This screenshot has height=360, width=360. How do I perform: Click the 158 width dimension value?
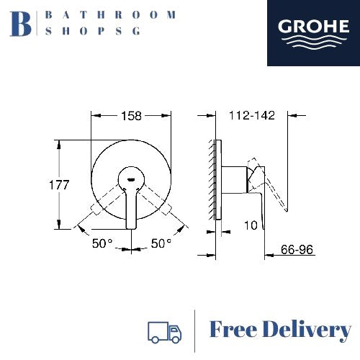tap(131, 116)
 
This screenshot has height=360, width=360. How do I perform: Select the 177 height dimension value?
tap(59, 185)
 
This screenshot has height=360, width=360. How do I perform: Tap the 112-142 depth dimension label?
tap(252, 115)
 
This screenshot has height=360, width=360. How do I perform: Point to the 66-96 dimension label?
tap(297, 250)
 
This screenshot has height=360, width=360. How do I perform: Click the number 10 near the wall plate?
tap(251, 225)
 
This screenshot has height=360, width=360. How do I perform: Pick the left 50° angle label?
tap(102, 243)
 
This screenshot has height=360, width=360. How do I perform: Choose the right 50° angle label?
tap(161, 243)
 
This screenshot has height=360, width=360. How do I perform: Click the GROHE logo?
tap(313, 33)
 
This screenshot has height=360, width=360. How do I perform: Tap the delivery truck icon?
tap(165, 332)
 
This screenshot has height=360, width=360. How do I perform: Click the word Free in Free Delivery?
tap(233, 329)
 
